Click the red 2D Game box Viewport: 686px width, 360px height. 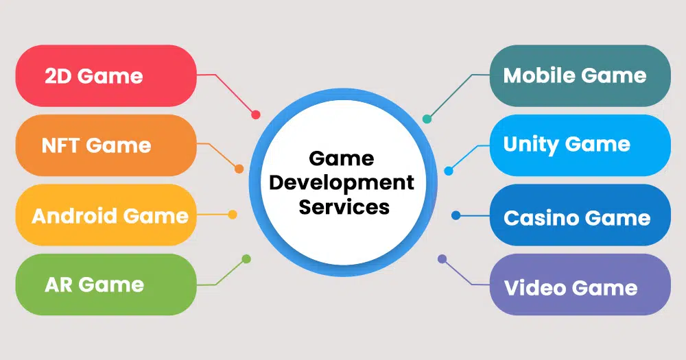click(106, 75)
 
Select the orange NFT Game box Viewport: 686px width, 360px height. click(106, 145)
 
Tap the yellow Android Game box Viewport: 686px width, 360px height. click(106, 215)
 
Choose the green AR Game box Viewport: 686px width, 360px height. click(106, 285)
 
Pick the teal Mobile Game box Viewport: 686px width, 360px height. click(580, 75)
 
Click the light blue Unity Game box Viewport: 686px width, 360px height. click(580, 145)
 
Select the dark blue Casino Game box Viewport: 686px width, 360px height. click(580, 215)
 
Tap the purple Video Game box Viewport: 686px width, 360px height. click(580, 285)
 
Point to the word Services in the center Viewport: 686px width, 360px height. click(344, 206)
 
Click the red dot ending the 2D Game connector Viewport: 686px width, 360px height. click(255, 115)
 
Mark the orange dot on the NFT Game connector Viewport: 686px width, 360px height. click(239, 169)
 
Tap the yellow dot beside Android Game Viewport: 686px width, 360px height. click(233, 215)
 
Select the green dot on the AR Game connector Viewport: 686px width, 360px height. click(246, 259)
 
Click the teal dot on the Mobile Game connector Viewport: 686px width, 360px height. click(427, 119)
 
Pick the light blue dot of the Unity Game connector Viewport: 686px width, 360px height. click(449, 171)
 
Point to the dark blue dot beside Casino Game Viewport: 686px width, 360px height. click(456, 215)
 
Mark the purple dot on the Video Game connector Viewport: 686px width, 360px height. click(442, 259)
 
